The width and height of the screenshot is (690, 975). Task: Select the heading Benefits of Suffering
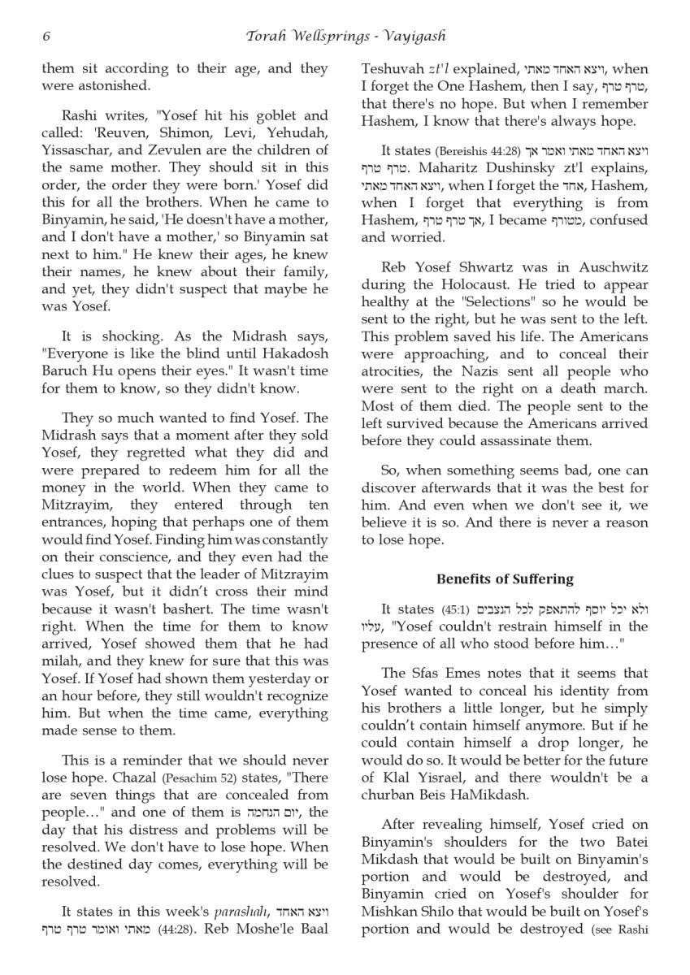click(505, 579)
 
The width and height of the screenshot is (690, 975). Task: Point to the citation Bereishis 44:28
click(475, 151)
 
